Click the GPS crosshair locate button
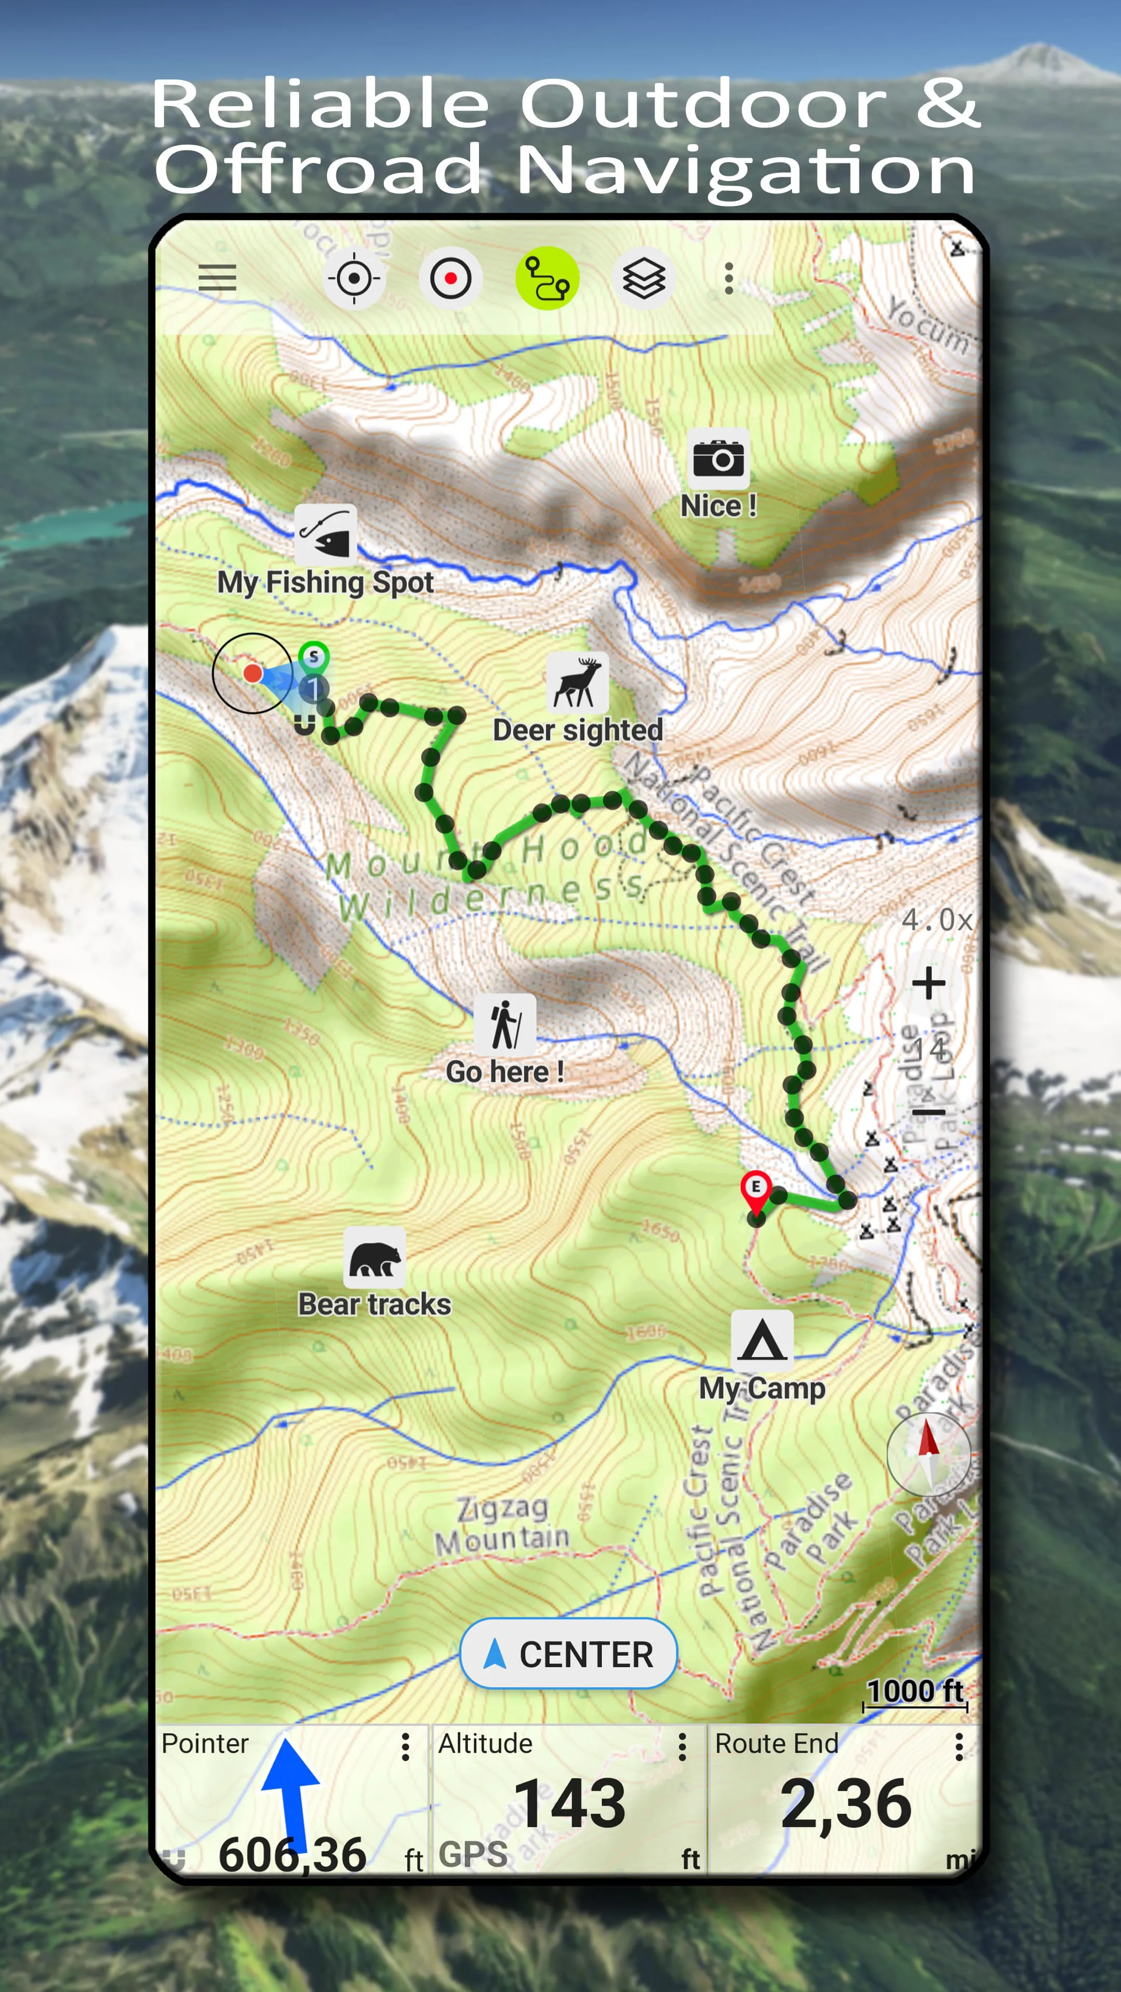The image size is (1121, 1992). click(x=353, y=278)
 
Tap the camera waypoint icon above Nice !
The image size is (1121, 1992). click(x=718, y=459)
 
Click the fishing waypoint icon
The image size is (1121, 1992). click(x=326, y=534)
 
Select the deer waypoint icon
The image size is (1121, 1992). click(x=577, y=682)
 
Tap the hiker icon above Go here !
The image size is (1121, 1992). click(x=504, y=1024)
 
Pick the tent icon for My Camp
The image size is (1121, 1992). click(x=762, y=1340)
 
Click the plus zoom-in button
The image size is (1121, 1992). click(x=928, y=984)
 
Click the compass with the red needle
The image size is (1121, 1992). click(x=928, y=1453)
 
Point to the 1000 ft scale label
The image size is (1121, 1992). click(x=915, y=1691)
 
